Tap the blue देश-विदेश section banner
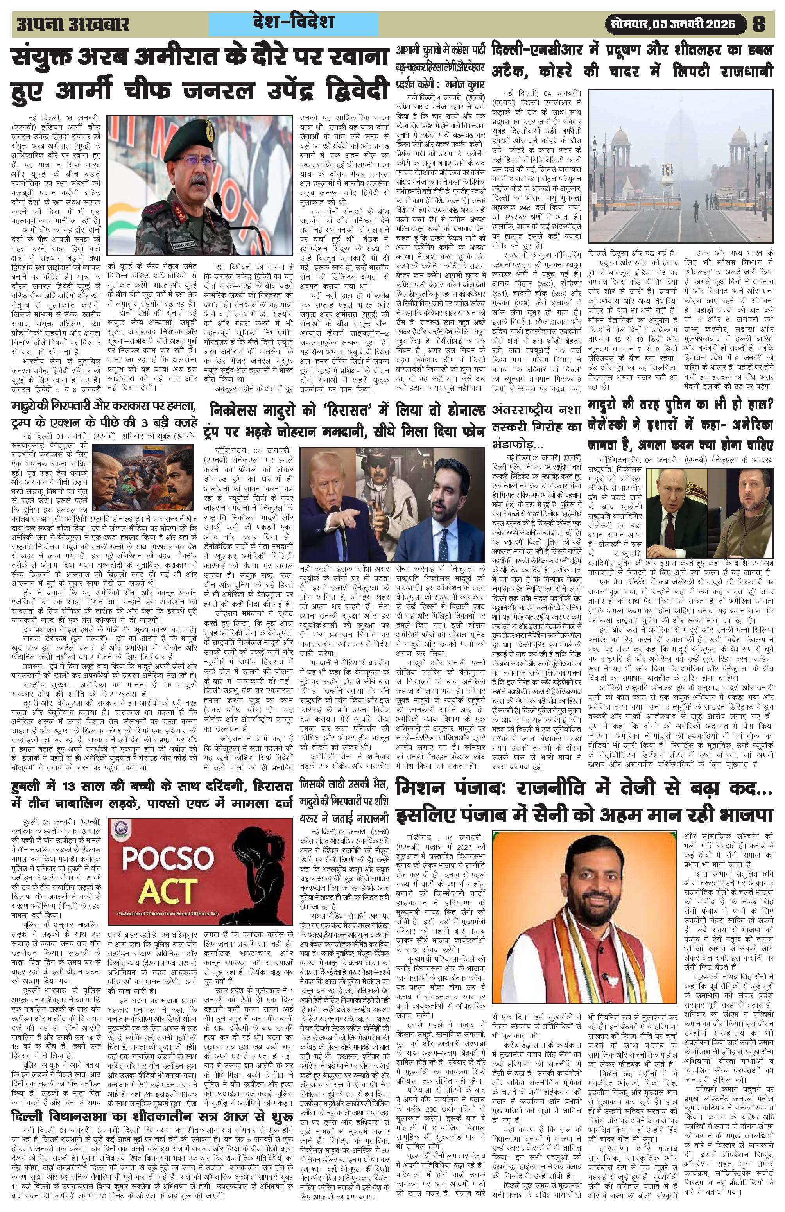[x=293, y=23]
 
